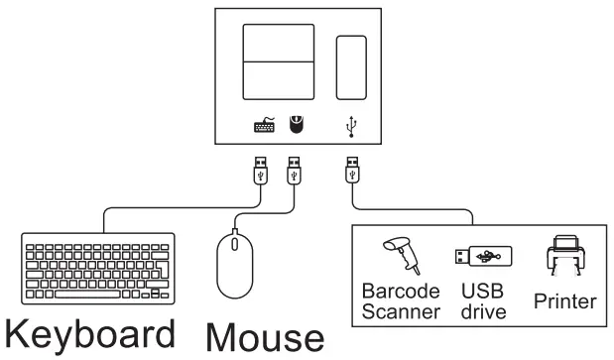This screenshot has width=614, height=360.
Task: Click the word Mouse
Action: (264, 338)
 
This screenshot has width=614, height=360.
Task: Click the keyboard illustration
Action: (97, 266)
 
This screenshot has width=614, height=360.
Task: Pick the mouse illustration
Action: (236, 262)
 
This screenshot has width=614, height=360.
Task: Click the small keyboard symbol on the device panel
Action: (264, 126)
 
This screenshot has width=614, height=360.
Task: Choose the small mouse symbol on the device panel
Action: (295, 125)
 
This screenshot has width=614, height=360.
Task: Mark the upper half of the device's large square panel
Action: (279, 44)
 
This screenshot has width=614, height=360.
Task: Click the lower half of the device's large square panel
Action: (279, 81)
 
